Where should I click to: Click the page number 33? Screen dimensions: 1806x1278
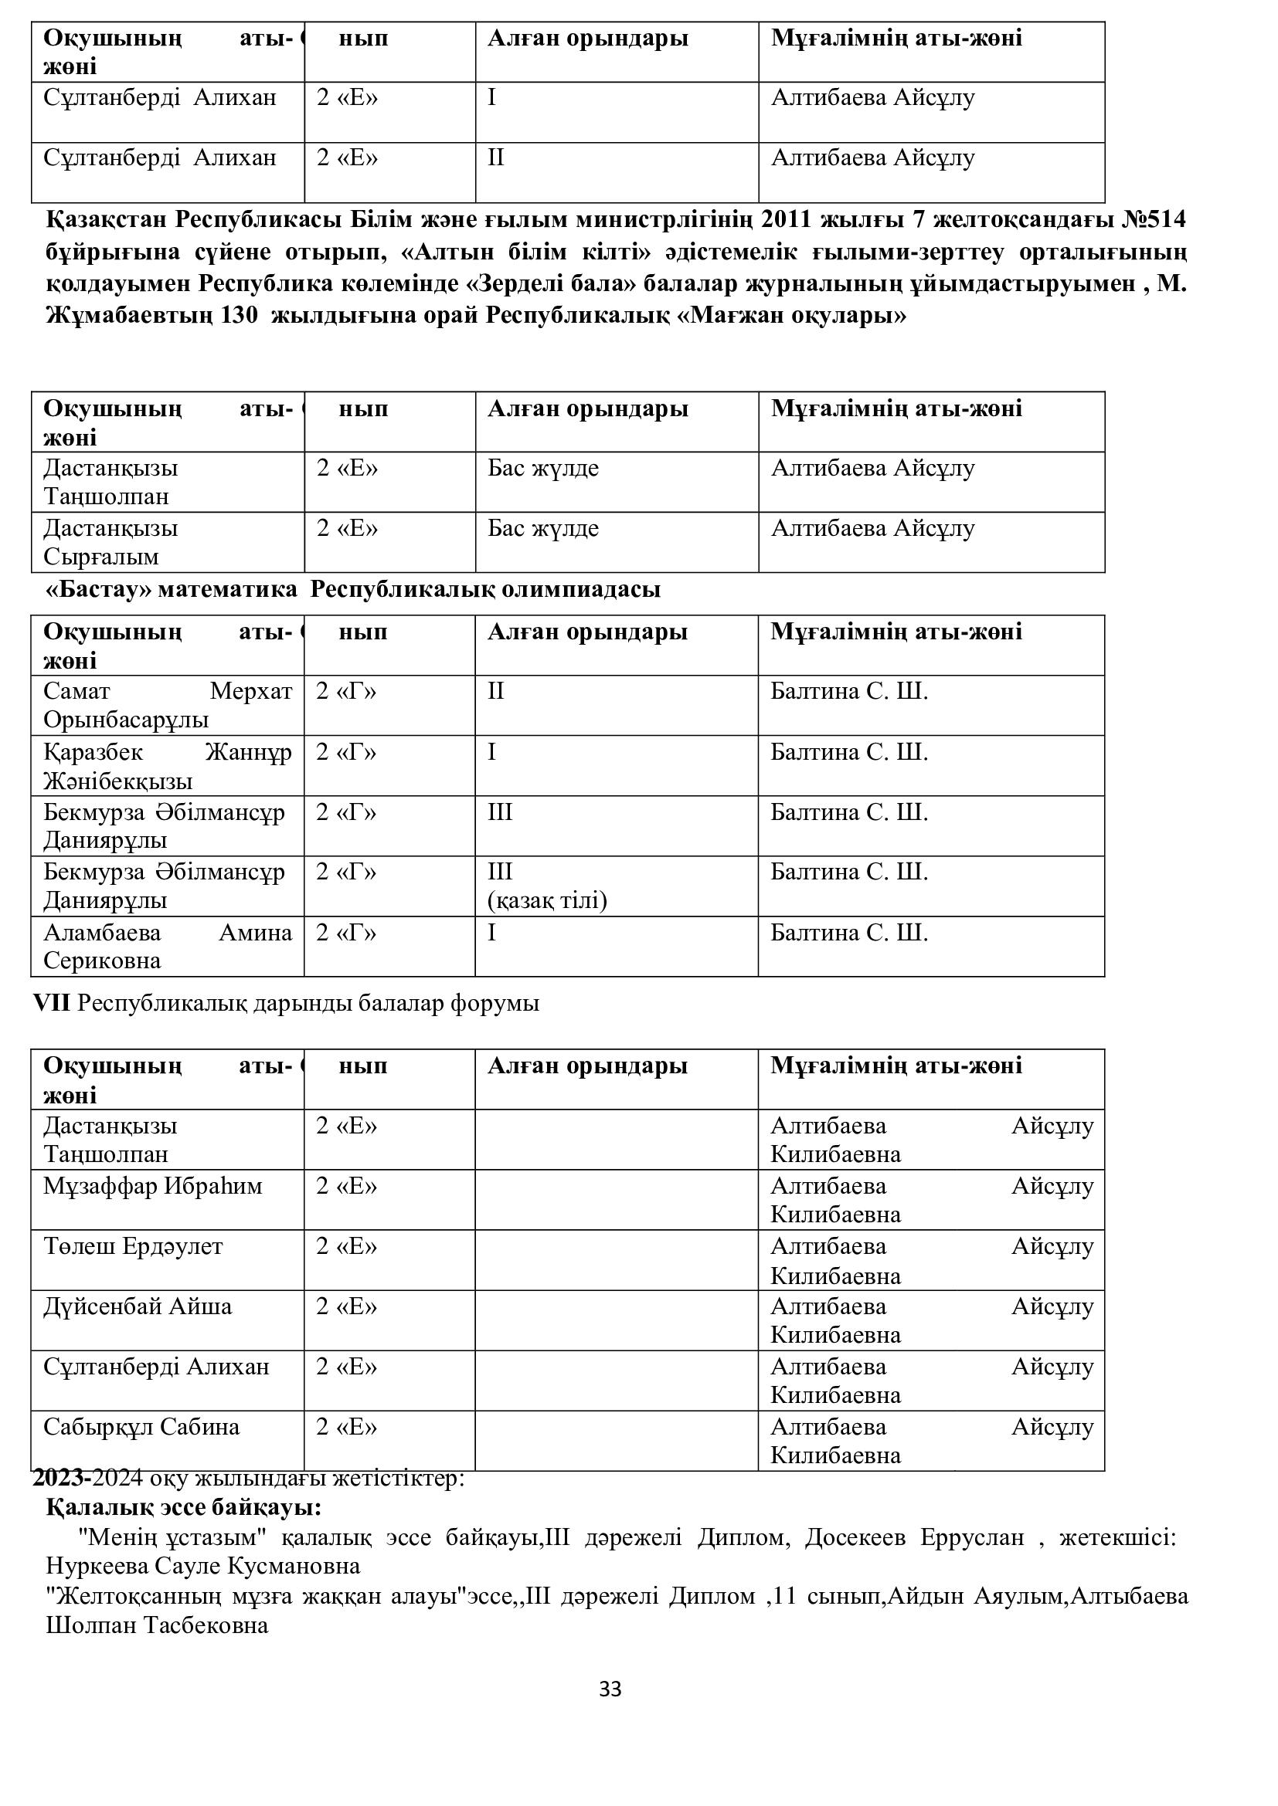coord(610,1689)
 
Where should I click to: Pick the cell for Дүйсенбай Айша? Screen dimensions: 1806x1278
coord(138,1306)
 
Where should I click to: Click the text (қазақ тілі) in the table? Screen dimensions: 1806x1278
coord(547,900)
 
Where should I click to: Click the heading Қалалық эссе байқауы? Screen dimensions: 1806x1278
coord(183,1508)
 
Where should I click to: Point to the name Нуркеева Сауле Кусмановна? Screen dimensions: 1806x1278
coord(203,1566)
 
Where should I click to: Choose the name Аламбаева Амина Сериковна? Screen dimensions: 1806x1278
coord(168,947)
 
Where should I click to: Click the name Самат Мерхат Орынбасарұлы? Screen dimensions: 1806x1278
coord(168,706)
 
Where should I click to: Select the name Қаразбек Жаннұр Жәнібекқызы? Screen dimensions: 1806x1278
coord(168,767)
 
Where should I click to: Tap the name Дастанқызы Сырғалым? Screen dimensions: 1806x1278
coord(111,542)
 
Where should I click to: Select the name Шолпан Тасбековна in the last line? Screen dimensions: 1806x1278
coord(158,1625)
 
